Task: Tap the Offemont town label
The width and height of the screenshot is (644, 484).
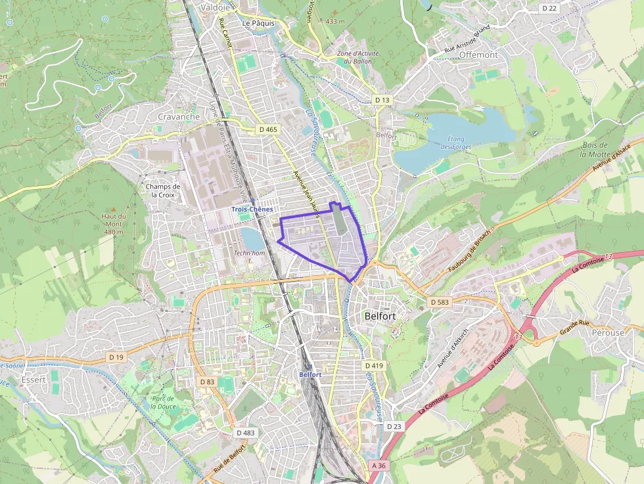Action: pos(478,55)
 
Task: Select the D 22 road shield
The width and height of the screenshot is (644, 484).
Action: pos(549,8)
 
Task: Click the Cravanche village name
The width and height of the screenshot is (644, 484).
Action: pos(178,116)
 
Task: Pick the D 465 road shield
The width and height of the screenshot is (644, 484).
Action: pos(268,129)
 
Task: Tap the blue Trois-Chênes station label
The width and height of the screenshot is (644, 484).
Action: pos(252,209)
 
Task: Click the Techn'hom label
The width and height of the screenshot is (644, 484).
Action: pos(250,253)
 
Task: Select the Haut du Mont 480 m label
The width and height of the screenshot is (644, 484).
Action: pos(113,223)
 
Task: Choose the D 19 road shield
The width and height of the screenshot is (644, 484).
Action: pos(116,357)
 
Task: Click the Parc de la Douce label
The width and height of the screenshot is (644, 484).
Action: pos(162,403)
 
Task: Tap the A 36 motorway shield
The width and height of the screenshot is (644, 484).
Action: pos(377,465)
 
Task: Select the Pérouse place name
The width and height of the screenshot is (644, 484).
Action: pos(607,332)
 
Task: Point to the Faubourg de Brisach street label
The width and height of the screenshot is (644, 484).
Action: pos(469,252)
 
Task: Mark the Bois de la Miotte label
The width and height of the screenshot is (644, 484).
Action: pos(593,150)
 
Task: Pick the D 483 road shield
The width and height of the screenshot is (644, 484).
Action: pos(245,432)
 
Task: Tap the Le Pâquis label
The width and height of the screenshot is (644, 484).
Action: pos(258,23)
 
